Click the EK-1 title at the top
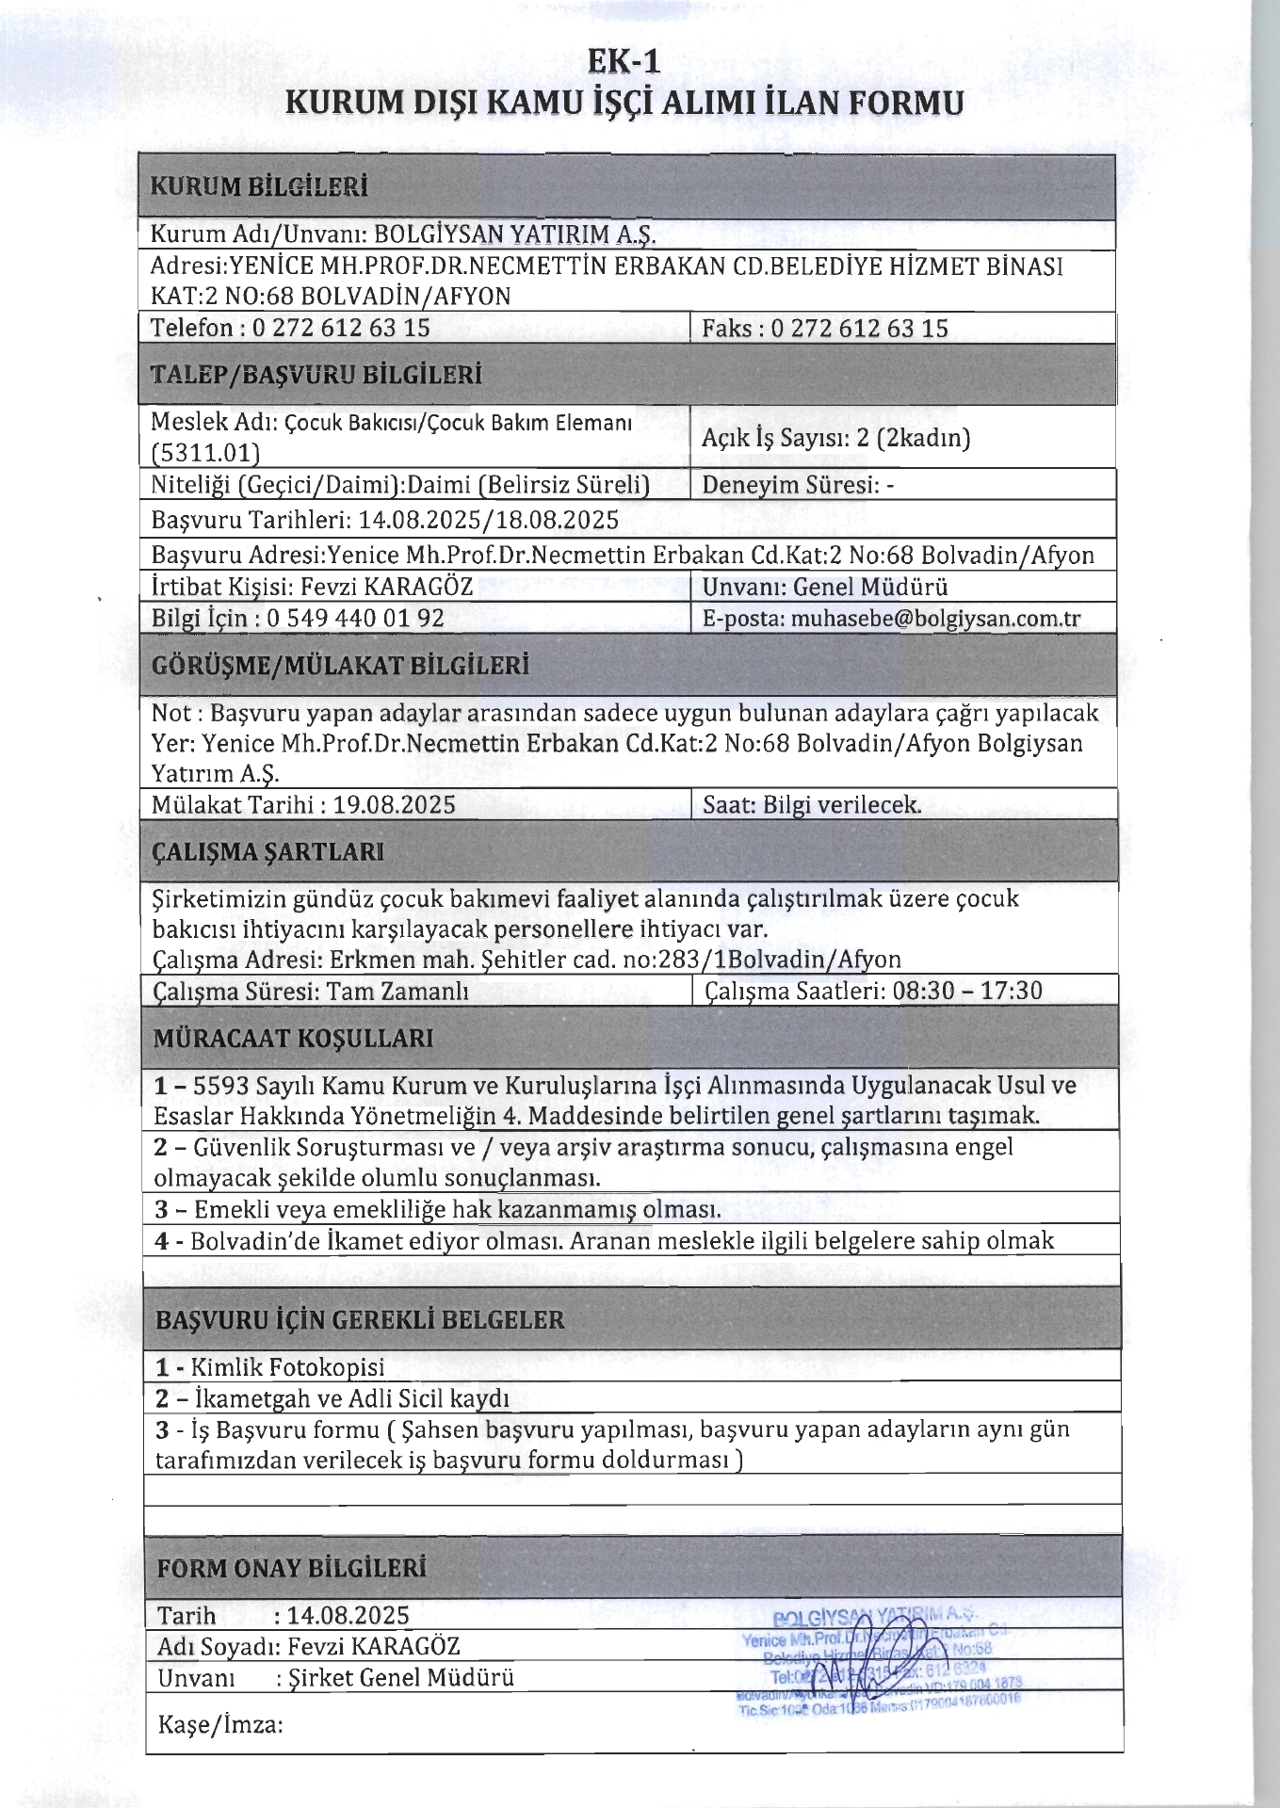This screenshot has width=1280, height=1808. click(x=624, y=62)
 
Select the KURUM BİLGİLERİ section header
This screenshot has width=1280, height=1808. click(x=259, y=186)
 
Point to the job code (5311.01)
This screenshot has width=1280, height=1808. click(x=205, y=453)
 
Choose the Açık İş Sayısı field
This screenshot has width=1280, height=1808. click(x=835, y=437)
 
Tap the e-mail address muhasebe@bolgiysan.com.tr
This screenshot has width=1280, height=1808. click(x=935, y=619)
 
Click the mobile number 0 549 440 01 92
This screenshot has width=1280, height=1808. click(x=355, y=619)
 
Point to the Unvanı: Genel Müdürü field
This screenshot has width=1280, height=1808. click(x=825, y=587)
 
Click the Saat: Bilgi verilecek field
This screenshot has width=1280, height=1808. click(x=812, y=805)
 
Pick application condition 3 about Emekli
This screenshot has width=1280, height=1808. click(x=438, y=1209)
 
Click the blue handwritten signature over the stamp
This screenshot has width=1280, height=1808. click(x=881, y=1659)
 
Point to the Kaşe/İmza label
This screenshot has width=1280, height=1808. click(x=220, y=1725)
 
